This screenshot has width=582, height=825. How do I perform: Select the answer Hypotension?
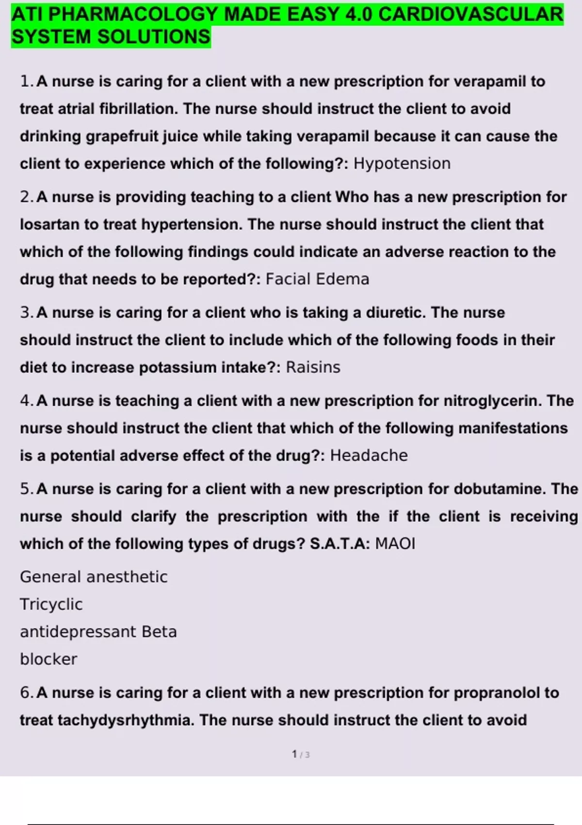click(x=402, y=164)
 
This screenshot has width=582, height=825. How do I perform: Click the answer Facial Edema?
click(x=318, y=279)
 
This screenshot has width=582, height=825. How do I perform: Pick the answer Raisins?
click(x=313, y=367)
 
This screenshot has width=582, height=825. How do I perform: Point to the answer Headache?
click(x=369, y=456)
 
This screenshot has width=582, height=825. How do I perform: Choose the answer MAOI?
click(x=395, y=544)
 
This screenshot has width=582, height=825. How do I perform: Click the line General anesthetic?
click(x=94, y=577)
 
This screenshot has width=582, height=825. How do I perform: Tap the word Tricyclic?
click(x=51, y=604)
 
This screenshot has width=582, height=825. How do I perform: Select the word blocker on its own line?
click(x=48, y=659)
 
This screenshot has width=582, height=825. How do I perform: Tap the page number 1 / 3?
click(x=301, y=755)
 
